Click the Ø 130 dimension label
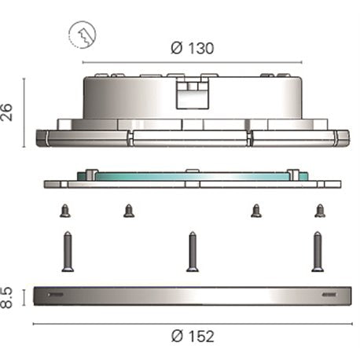[x=193, y=48]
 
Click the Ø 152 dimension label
[x=193, y=336]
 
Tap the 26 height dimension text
[x=6, y=112]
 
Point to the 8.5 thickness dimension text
[x=6, y=298]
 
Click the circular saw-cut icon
[x=83, y=35]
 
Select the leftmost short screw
[x=65, y=211]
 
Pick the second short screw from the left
[x=129, y=211]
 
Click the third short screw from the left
[x=256, y=211]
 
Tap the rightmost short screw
[x=320, y=211]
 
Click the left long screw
[x=68, y=252]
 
